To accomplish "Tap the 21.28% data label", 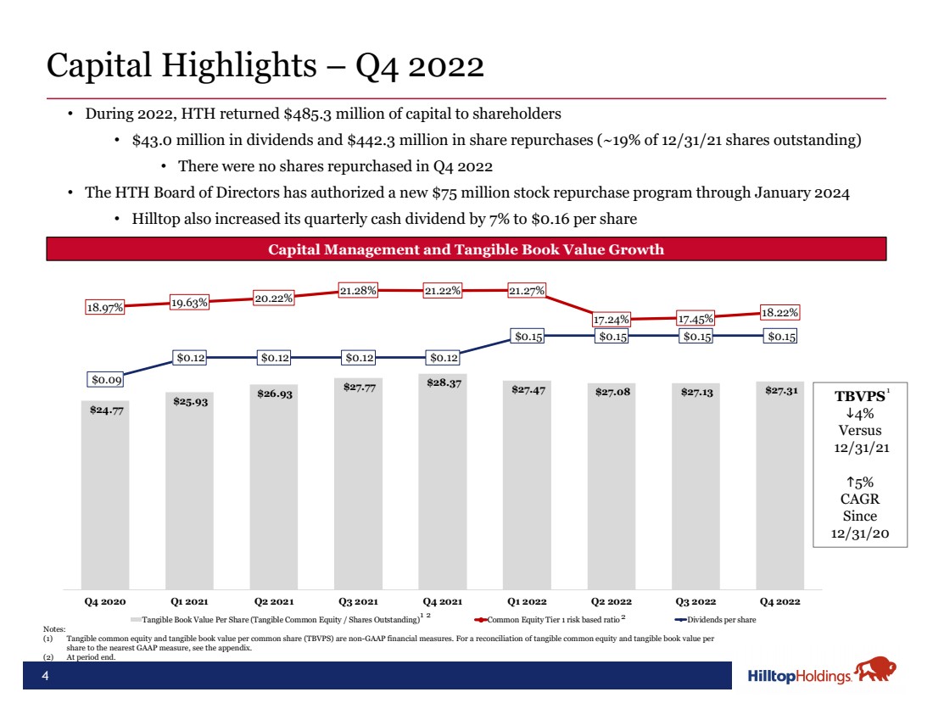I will click(x=360, y=291).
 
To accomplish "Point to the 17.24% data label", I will click(x=611, y=320).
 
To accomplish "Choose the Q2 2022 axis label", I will click(x=611, y=601).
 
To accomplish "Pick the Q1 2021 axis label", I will click(x=190, y=601).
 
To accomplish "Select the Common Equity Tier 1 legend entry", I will click(x=546, y=620).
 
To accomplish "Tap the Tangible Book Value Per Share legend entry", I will click(x=280, y=620).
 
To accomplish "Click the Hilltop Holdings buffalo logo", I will click(x=874, y=671).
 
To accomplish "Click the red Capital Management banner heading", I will click(x=466, y=249).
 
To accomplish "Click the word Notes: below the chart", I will click(x=53, y=628).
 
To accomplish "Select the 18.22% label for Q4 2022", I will click(x=779, y=313).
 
